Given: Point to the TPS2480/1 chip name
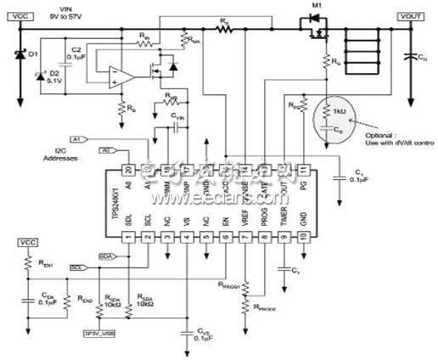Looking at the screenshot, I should [117, 205].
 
